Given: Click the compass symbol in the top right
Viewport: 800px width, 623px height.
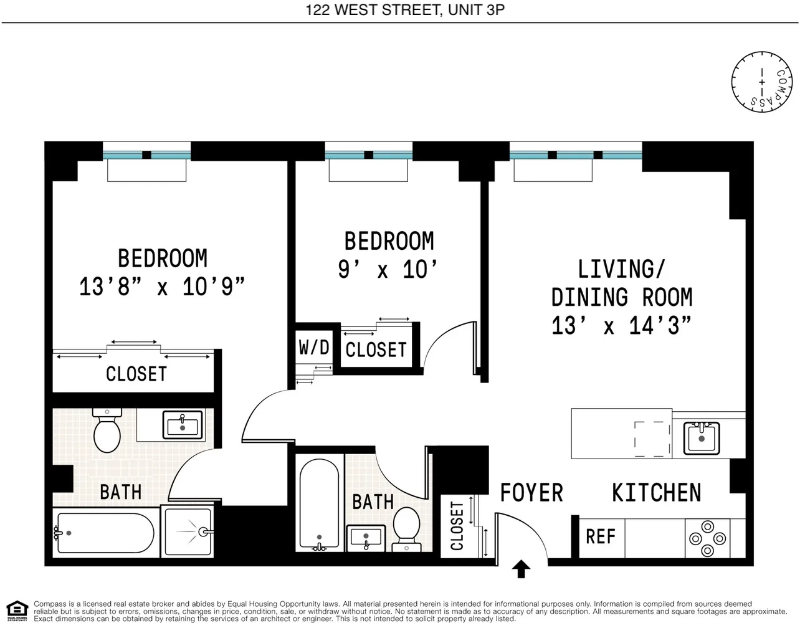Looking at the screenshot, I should point(761,82).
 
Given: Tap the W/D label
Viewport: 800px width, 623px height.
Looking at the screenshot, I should point(314,347).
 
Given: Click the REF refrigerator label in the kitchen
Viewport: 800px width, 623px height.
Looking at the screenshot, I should point(600,536).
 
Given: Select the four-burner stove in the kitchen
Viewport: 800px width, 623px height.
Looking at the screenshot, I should point(708,538).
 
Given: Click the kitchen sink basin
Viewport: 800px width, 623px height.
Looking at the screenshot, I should point(702,437).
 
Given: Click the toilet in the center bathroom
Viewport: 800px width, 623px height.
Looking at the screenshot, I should point(406,528).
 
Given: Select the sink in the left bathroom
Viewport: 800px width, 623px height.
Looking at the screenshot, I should point(183,426).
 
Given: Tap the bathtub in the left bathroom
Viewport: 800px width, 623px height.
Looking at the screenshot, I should point(104,533).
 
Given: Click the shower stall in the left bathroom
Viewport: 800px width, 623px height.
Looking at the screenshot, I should point(188,531).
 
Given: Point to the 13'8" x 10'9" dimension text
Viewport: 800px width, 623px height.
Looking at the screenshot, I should point(162,287).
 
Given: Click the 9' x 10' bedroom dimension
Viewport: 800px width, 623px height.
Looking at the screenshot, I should point(388,270).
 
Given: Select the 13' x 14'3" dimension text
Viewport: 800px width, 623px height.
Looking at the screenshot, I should point(621,325).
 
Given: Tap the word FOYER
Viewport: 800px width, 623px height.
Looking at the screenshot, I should point(531,493).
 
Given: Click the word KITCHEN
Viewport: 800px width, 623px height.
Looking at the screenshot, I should point(656,493).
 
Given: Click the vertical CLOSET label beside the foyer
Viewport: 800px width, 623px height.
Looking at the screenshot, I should point(457,526).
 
